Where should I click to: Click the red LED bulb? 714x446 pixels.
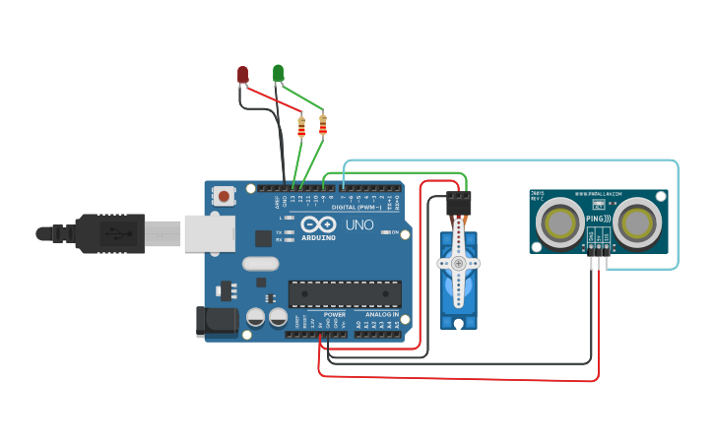[x=243, y=75]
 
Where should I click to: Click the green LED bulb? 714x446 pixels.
[x=279, y=73]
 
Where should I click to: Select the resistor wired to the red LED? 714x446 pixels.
[x=301, y=126]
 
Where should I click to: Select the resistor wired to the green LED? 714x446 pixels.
[x=322, y=124]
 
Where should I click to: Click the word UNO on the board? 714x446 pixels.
[x=359, y=224]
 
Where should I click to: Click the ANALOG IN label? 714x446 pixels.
[x=382, y=314]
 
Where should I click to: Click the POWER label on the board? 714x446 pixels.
[x=335, y=314]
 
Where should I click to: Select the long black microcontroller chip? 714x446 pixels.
[x=345, y=293]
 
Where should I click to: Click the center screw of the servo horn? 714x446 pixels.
[x=458, y=263]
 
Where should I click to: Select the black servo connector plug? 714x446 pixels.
[x=459, y=203]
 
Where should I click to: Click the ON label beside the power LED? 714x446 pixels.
[x=394, y=232]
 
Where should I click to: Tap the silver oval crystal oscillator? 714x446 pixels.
[x=261, y=263]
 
